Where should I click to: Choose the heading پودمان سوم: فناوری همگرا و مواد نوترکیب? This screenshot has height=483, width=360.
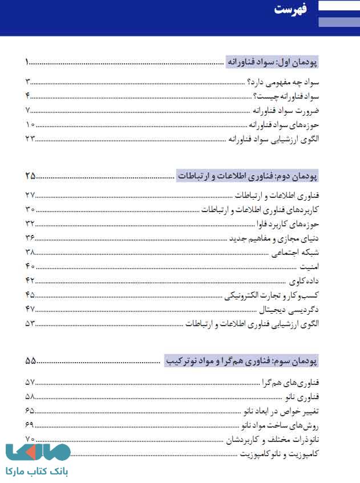tap(241, 361)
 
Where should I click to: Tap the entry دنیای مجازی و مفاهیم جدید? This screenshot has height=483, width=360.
tap(275, 238)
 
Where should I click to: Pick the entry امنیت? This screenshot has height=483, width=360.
tap(309, 266)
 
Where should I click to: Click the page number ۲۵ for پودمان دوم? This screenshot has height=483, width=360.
tap(30, 175)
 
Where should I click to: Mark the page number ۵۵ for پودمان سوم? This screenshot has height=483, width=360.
tap(30, 361)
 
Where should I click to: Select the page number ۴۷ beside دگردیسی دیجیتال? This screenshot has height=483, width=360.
tap(30, 309)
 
